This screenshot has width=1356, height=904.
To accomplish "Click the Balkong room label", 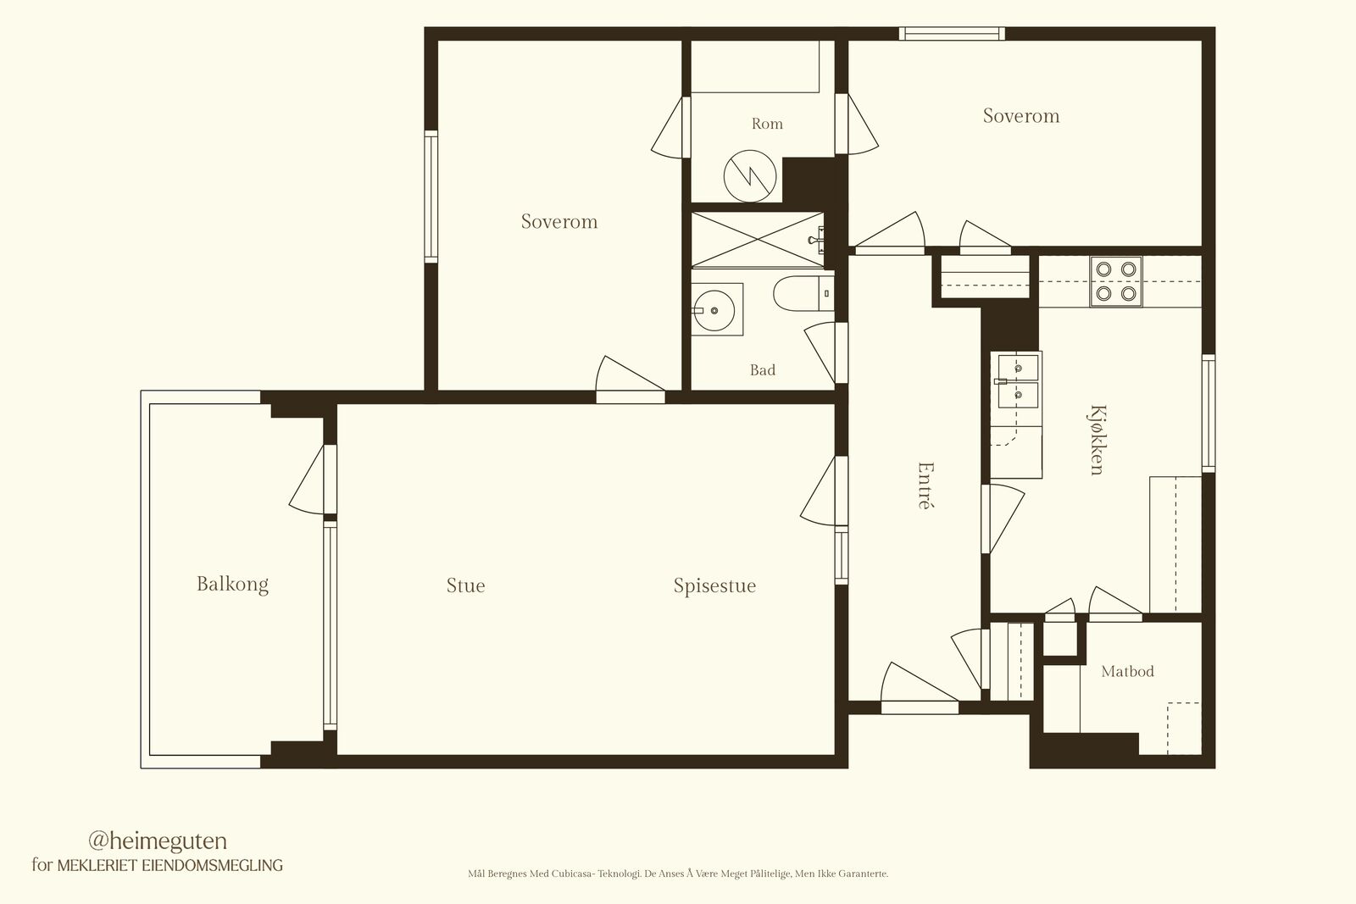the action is point(232,585).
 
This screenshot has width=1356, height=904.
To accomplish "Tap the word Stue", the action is point(465,585).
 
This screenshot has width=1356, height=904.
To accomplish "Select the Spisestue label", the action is point(715,585).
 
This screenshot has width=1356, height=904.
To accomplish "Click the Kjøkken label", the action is point(1097,440).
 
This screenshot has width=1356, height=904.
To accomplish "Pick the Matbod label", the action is point(1128,671).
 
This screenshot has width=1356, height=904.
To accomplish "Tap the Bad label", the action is point(763,369).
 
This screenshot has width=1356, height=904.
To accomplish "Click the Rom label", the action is point(767,124).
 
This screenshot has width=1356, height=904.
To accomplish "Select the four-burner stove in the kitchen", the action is point(1115,281).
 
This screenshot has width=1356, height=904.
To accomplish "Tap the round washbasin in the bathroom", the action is point(714,310).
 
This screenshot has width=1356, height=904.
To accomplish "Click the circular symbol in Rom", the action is point(750,176).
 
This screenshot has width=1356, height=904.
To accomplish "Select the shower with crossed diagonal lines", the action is point(758,240).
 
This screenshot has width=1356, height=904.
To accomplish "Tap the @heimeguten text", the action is point(158,841).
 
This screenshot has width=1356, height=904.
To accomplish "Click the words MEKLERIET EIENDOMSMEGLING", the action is point(170,865).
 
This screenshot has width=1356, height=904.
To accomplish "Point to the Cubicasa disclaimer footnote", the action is point(678,873).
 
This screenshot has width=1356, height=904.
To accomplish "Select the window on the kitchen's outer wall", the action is point(1209,413).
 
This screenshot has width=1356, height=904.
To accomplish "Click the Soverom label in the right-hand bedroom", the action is point(1021,115).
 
